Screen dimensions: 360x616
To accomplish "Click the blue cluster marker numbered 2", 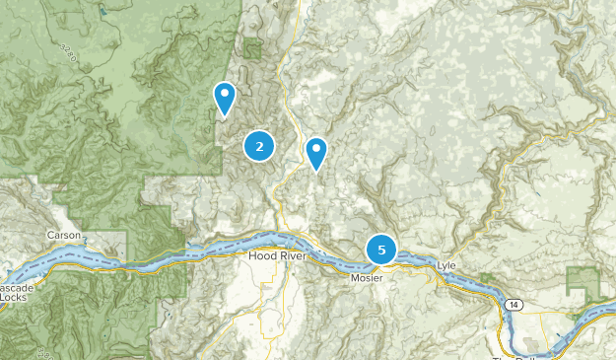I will pyautogui.click(x=259, y=147).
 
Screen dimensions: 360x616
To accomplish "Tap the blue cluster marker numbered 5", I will pyautogui.click(x=381, y=250).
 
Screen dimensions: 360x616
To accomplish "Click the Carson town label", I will pyautogui.click(x=64, y=236).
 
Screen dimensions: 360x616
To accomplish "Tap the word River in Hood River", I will pyautogui.click(x=293, y=256).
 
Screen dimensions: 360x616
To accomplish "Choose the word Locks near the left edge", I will pyautogui.click(x=14, y=297).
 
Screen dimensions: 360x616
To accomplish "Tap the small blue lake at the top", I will pyautogui.click(x=103, y=13).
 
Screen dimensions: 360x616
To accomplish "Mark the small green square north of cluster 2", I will pyautogui.click(x=253, y=47).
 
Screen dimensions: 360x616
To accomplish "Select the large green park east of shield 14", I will pyautogui.click(x=582, y=285).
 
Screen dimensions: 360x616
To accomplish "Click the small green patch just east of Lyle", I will pyautogui.click(x=484, y=277).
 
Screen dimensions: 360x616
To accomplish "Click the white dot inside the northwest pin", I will pyautogui.click(x=226, y=95).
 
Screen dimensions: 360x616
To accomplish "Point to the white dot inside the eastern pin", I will pyautogui.click(x=316, y=150).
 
